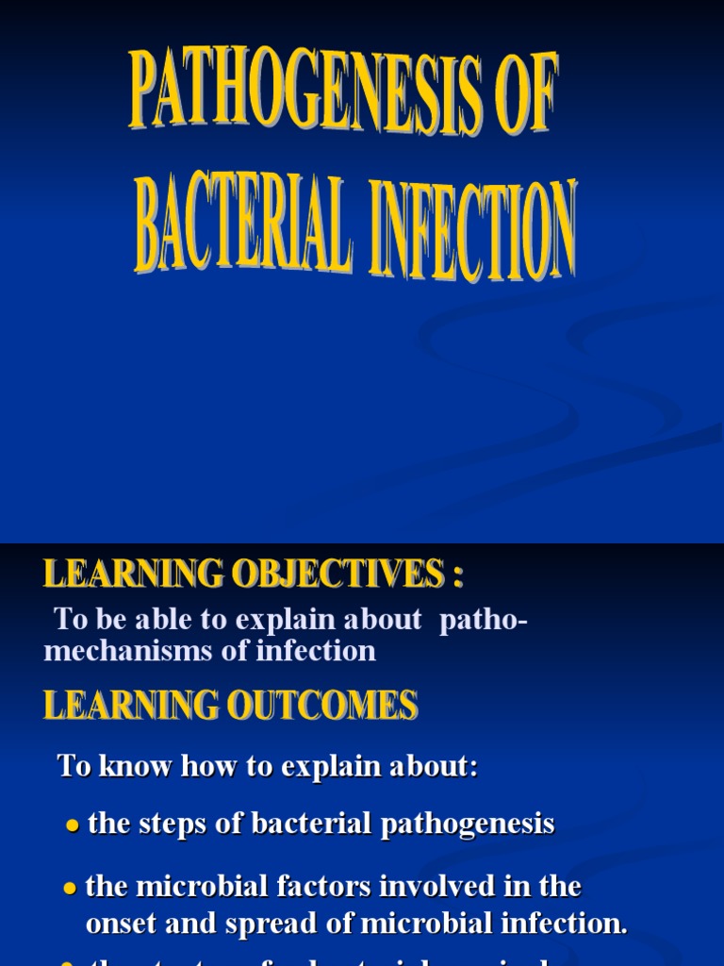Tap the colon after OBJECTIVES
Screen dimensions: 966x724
coord(457,575)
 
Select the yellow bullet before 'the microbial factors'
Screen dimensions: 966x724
coord(70,889)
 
